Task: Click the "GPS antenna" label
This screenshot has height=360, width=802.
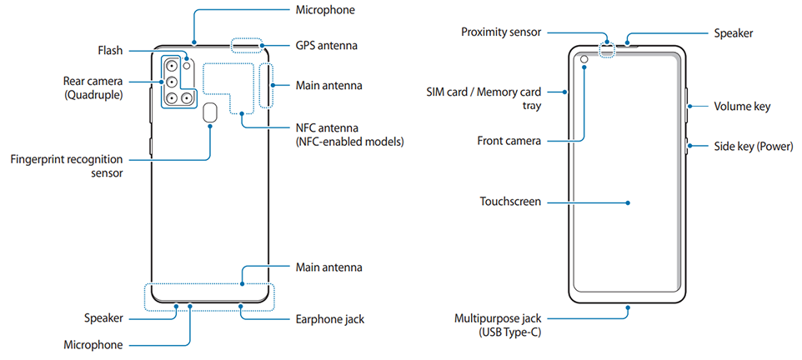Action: [326, 45]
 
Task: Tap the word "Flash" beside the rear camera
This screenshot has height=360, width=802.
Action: [110, 51]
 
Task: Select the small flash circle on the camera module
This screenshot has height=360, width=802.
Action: [188, 65]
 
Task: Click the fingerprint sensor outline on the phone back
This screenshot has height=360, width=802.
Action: [210, 113]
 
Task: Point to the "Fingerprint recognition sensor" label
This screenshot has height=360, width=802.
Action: [67, 166]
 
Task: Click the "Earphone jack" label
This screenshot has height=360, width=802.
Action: [329, 318]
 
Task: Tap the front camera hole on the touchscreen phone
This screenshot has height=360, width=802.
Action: [584, 60]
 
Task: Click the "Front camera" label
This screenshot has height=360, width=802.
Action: [509, 141]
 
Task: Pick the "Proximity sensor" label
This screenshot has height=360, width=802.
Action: [501, 32]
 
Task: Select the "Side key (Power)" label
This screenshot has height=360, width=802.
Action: [753, 147]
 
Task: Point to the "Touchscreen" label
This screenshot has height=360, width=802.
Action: [510, 202]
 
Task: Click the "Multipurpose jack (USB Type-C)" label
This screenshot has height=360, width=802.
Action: [499, 325]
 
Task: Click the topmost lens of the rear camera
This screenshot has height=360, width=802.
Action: [171, 66]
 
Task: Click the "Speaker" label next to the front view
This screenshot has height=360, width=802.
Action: [733, 33]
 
